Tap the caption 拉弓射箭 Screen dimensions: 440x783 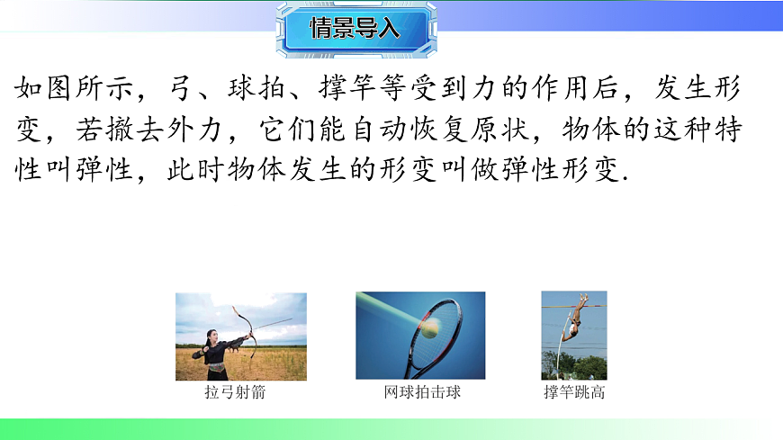tap(235, 393)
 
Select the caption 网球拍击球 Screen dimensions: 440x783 tap(422, 393)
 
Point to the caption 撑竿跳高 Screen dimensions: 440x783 tap(574, 393)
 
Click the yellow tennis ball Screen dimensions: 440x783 tap(430, 331)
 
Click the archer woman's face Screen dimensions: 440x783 tap(211, 338)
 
